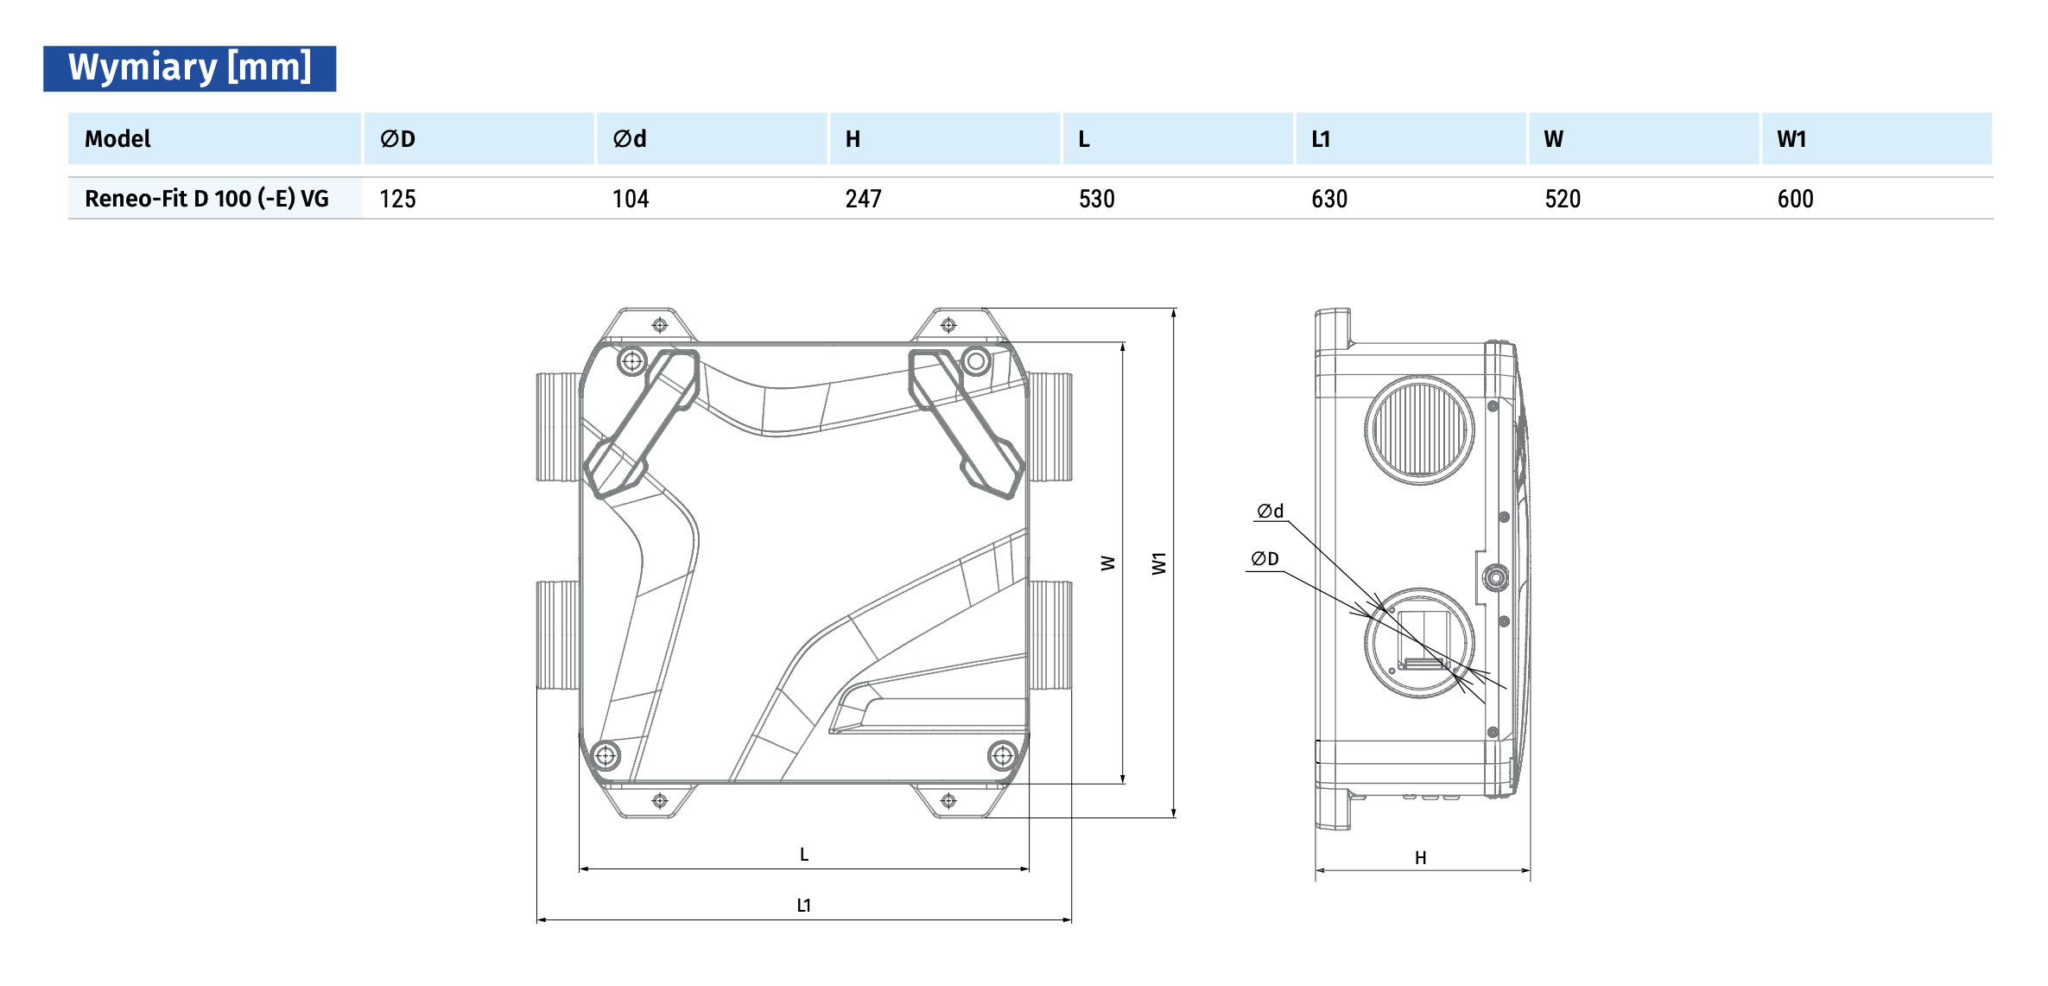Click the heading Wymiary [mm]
pos(189,67)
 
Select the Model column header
pos(117,139)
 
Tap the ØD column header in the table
pos(397,139)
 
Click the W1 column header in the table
pos(1791,139)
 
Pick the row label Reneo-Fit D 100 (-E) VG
pos(206,199)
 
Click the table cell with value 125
pos(397,199)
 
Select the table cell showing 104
pos(631,199)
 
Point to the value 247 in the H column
pos(863,199)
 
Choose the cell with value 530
pos(1096,199)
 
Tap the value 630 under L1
pos(1329,199)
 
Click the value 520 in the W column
pos(1563,199)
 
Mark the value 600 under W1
pos(1795,199)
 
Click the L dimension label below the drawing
pos(804,855)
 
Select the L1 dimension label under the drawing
pos(803,906)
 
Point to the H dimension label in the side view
pos(1420,858)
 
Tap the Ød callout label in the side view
pos(1270,512)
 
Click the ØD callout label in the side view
pos(1265,559)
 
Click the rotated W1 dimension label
pos(1159,563)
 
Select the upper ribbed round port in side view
pos(1419,430)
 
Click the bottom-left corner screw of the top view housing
pos(606,756)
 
